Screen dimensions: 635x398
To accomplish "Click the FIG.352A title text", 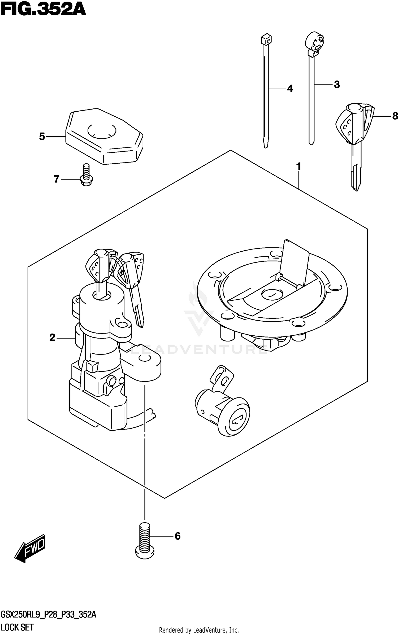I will click(43, 10).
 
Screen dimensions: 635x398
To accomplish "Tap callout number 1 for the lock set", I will click(298, 167).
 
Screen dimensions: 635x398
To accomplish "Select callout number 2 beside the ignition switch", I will click(53, 338).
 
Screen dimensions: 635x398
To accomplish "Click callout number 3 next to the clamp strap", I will click(337, 85).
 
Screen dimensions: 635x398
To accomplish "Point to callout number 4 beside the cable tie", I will click(290, 89).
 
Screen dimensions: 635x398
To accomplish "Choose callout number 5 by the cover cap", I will click(42, 137).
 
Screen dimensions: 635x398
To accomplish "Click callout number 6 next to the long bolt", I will click(178, 536).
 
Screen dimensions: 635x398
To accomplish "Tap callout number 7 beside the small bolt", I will click(57, 179).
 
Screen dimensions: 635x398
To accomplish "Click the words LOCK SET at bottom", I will click(18, 628).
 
